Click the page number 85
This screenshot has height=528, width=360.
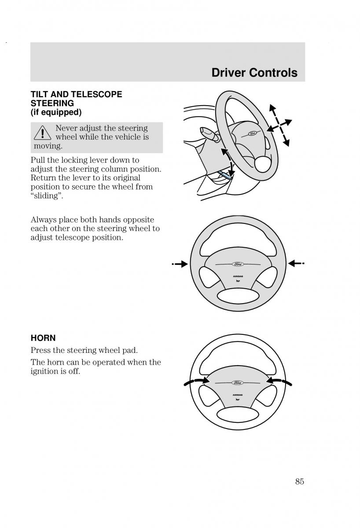(x=299, y=481)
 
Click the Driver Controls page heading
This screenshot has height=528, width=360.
(x=254, y=73)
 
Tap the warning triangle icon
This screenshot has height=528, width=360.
(x=43, y=133)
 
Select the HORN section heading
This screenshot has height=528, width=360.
(x=43, y=338)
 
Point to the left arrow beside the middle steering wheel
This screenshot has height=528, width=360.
(x=180, y=264)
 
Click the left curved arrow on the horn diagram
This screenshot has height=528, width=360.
(x=195, y=381)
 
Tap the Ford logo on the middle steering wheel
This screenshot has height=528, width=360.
(x=238, y=264)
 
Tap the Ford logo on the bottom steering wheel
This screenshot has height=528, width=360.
(x=238, y=382)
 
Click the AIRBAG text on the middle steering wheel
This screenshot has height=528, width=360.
(x=238, y=276)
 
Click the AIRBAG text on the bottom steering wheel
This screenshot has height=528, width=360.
(x=238, y=395)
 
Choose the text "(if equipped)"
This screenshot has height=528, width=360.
(x=56, y=112)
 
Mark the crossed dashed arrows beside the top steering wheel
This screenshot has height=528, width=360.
(x=279, y=125)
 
